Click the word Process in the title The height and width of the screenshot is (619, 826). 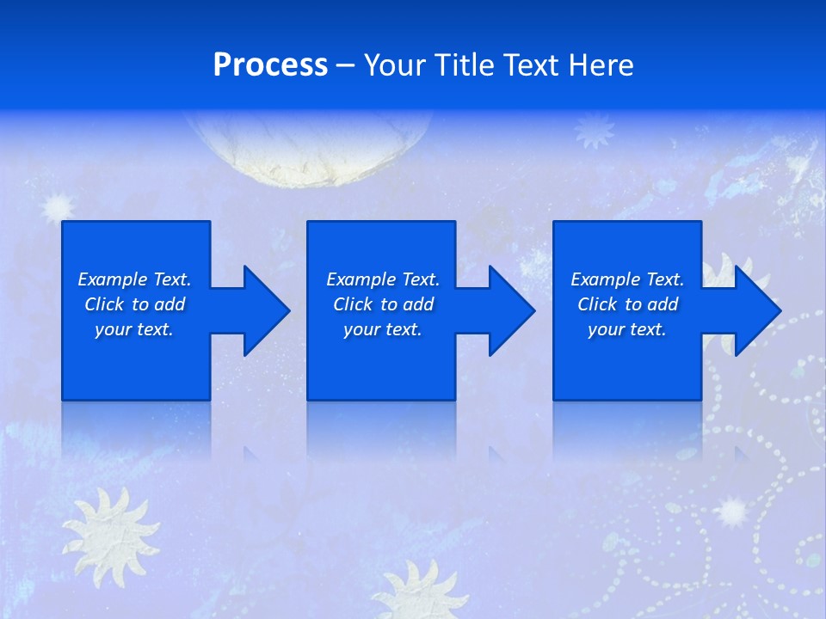pyautogui.click(x=270, y=65)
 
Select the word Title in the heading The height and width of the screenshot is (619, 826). pyautogui.click(x=470, y=65)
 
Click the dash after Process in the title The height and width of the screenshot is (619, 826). pyautogui.click(x=345, y=66)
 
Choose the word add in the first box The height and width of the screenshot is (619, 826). pyautogui.click(x=170, y=304)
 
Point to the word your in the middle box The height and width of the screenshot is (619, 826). pyautogui.click(x=361, y=329)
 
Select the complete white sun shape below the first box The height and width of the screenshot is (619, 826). pyautogui.click(x=109, y=527)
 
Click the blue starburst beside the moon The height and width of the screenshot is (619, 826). pyautogui.click(x=595, y=130)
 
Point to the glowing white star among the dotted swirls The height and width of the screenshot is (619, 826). pyautogui.click(x=732, y=512)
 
